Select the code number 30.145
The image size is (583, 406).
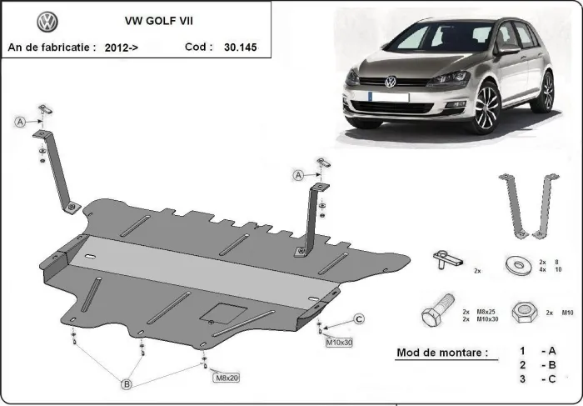click(240, 48)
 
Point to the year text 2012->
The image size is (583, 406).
click(122, 48)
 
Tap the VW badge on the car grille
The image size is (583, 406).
click(390, 82)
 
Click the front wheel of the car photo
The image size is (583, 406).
click(486, 108)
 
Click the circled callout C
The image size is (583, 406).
click(359, 318)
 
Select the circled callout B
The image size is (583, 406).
click(127, 384)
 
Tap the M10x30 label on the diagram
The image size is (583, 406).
click(340, 343)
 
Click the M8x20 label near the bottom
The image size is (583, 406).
click(227, 378)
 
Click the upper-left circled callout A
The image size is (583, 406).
click(18, 123)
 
